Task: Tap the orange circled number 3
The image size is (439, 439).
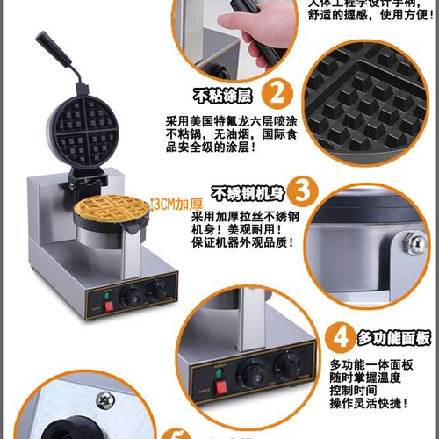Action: coord(301,191)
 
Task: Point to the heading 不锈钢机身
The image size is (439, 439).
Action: coord(248,192)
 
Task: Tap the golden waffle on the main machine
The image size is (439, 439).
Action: coord(105,210)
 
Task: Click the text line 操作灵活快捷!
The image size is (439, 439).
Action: coord(369,403)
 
